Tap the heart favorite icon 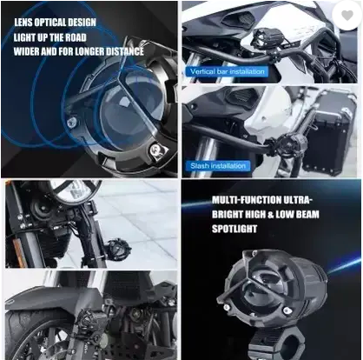(x=347, y=16)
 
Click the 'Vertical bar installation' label (x=228, y=71)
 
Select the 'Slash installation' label (x=218, y=166)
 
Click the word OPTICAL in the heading (x=55, y=23)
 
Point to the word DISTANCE (x=124, y=51)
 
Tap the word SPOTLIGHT (x=234, y=229)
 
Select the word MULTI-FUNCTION (x=247, y=200)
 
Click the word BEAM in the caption (x=307, y=214)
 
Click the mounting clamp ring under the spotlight (x=277, y=344)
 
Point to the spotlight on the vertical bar (x=263, y=38)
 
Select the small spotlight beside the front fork (x=118, y=248)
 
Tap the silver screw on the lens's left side (x=71, y=123)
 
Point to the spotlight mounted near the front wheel (x=89, y=318)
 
